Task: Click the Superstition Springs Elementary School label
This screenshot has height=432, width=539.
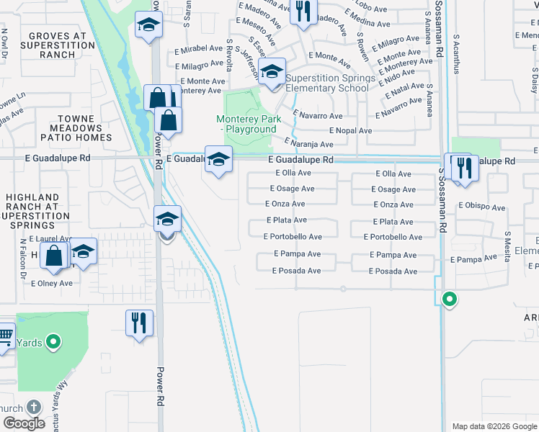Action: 330,84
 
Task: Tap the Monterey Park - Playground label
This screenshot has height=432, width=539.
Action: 246,124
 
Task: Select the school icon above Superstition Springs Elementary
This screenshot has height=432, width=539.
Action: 272,72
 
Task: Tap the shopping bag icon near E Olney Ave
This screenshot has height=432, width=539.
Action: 55,256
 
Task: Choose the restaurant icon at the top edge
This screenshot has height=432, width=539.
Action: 303,11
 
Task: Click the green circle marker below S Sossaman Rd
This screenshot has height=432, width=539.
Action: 450,299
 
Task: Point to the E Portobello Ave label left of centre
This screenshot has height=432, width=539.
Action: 293,237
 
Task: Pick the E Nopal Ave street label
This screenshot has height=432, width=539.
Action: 350,131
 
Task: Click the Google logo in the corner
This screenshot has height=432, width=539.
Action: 24,423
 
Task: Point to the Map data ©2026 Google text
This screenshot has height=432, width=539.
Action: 494,426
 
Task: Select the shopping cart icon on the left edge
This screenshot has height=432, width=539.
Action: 4,336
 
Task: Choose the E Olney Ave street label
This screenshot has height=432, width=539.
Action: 51,284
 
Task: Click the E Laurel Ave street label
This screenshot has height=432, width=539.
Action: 51,238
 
